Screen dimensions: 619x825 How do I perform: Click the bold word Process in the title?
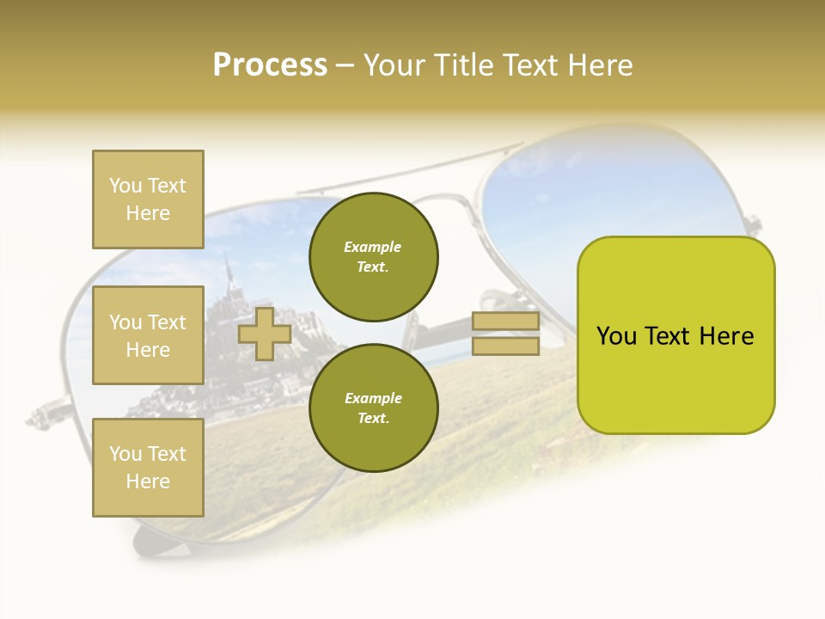click(x=270, y=65)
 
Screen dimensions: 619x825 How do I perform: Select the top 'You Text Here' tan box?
click(x=148, y=199)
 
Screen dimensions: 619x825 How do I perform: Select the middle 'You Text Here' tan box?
click(x=148, y=335)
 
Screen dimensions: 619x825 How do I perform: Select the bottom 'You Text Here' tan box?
click(x=148, y=468)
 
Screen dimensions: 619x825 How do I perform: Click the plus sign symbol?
click(x=265, y=334)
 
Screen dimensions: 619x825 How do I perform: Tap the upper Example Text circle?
click(x=373, y=257)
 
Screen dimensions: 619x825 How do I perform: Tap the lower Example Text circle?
click(x=373, y=408)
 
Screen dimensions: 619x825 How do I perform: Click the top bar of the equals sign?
click(x=505, y=322)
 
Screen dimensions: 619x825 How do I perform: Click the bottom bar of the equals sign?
click(x=505, y=346)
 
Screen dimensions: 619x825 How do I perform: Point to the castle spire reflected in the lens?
click(x=229, y=273)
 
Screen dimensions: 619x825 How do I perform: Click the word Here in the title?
click(x=598, y=65)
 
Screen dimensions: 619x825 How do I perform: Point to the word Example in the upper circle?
click(x=373, y=248)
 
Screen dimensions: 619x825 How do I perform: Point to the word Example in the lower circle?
click(x=373, y=399)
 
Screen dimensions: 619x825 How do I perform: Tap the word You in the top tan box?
click(x=125, y=186)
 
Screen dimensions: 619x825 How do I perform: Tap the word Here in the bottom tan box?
click(x=148, y=481)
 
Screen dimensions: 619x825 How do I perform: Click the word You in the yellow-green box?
click(x=616, y=336)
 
